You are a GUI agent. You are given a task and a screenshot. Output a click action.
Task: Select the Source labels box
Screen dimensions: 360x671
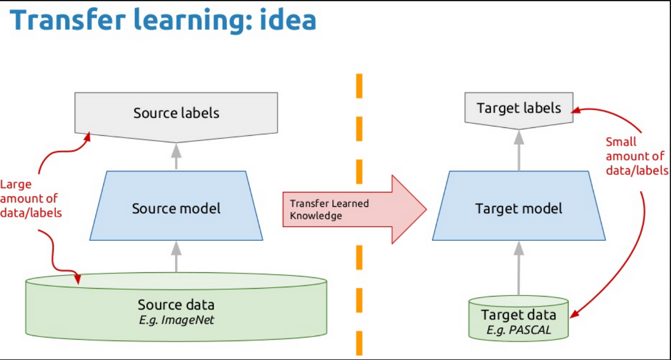176,113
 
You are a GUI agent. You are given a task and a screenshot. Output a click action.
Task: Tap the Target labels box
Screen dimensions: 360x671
519,109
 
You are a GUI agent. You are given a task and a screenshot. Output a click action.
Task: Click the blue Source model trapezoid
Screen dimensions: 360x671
176,208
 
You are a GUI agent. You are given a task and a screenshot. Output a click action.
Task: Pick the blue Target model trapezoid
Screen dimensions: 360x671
519,208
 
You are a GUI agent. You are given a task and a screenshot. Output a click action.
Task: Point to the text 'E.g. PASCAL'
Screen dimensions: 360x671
519,329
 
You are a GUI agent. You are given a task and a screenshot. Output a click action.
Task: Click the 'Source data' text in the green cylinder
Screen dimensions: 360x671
176,304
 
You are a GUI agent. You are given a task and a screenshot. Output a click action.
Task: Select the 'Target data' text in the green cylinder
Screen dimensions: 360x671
519,315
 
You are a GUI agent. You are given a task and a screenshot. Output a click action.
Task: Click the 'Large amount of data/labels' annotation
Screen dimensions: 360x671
31,198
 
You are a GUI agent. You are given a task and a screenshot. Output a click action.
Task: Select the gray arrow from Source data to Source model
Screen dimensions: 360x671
176,257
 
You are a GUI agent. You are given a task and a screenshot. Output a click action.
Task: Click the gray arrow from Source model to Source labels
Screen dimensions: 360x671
176,156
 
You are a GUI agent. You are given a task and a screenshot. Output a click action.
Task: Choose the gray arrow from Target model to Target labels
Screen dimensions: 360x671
519,151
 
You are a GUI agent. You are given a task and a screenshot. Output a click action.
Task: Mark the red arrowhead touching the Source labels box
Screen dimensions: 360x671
87,137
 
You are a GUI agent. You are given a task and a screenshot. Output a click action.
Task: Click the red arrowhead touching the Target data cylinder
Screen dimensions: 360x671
573,315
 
